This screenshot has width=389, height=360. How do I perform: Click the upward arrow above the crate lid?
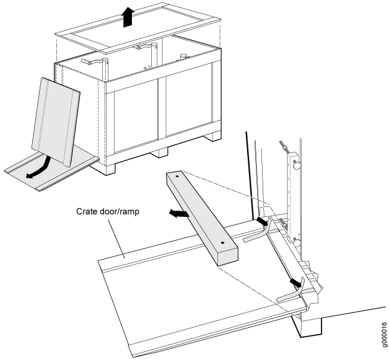[x=128, y=17]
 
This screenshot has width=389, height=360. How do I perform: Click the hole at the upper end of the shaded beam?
[x=177, y=177]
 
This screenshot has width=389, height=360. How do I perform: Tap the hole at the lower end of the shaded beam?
[x=222, y=242]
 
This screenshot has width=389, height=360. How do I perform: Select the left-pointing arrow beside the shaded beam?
[x=179, y=214]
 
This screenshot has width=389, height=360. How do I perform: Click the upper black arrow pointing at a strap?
[x=263, y=221]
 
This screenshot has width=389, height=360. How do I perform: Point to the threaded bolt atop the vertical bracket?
[x=284, y=146]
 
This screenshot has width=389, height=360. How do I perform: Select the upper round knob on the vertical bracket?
[x=297, y=165]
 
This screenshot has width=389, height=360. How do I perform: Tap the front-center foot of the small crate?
[x=159, y=152]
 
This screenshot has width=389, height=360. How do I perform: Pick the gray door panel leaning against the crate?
[x=56, y=121]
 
